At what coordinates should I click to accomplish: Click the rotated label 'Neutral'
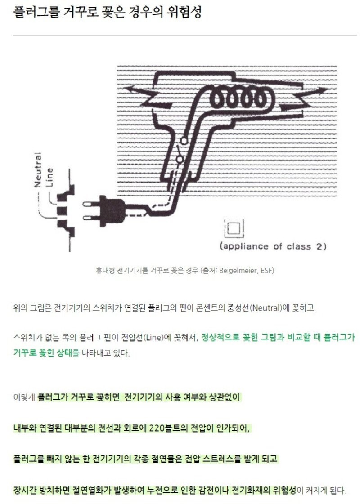[x=38, y=169]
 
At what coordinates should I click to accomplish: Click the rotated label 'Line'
[x=49, y=177]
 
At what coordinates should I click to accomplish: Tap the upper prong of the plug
[x=91, y=204]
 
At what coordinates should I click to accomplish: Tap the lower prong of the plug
[x=91, y=218]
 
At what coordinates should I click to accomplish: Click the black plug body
[x=111, y=210]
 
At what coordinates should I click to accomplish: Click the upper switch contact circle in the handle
[x=184, y=140]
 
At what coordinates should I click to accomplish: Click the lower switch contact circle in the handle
[x=180, y=160]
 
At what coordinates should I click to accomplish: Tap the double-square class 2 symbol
[x=234, y=228]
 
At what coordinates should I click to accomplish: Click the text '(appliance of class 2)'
[x=273, y=246]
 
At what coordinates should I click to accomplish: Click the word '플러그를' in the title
[x=36, y=12]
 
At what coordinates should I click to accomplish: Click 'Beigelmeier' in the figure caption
[x=238, y=270]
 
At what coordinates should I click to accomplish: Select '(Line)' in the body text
[x=153, y=338]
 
